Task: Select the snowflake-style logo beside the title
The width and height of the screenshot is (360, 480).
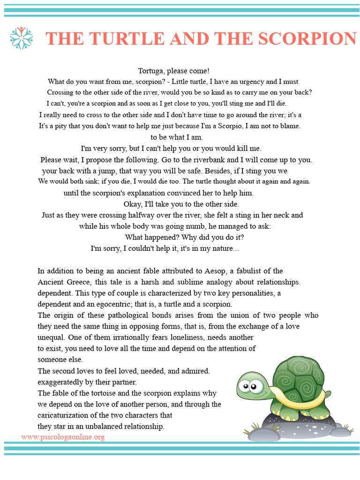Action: [x=22, y=38]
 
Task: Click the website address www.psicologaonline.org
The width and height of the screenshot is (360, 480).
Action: [x=63, y=437]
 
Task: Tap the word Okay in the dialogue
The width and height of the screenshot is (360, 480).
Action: [x=132, y=204]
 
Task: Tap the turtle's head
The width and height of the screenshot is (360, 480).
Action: [x=252, y=387]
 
